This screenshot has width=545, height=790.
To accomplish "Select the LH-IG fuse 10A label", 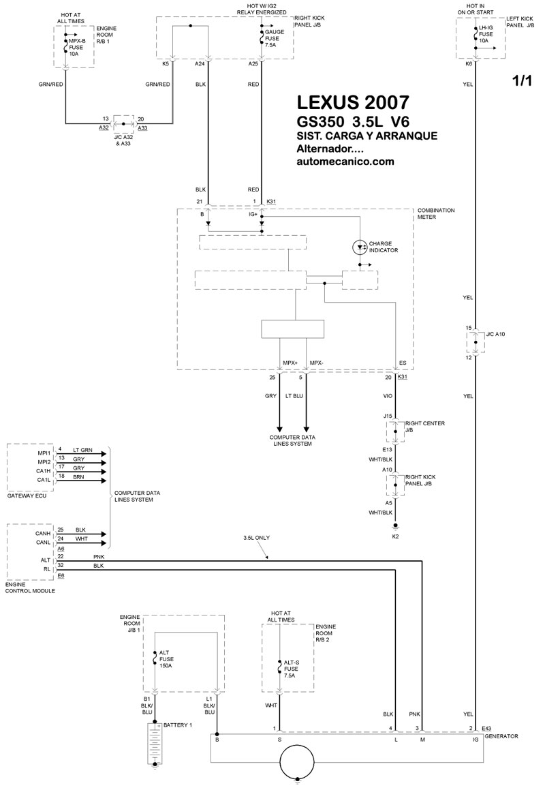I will pyautogui.click(x=486, y=33).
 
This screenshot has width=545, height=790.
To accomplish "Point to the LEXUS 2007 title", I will pyautogui.click(x=354, y=103).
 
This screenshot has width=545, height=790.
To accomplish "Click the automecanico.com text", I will pyautogui.click(x=345, y=162).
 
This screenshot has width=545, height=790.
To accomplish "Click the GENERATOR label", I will pyautogui.click(x=503, y=736).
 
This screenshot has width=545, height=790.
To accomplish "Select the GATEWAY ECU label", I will pyautogui.click(x=26, y=497).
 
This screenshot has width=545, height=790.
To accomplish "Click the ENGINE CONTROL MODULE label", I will pyautogui.click(x=30, y=587).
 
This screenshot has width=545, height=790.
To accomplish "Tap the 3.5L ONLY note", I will pyautogui.click(x=256, y=538).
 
